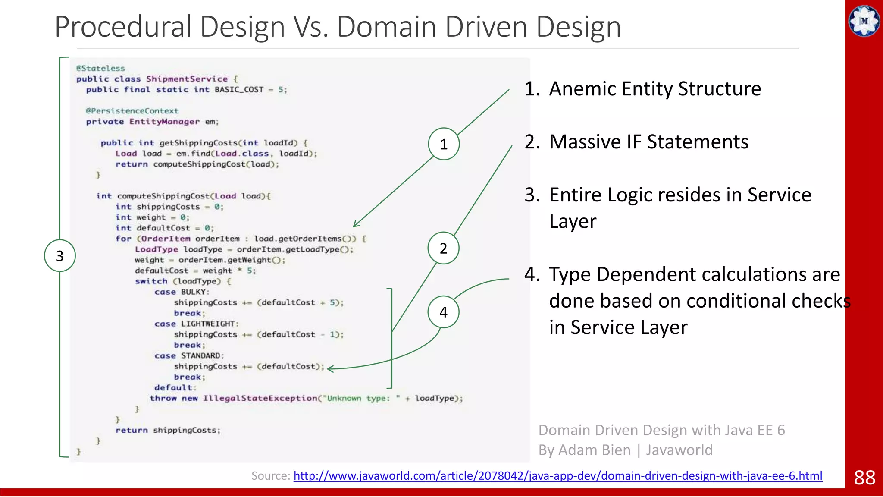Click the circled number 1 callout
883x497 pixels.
[x=444, y=144]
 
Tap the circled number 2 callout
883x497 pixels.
[x=443, y=248]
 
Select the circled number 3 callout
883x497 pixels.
[x=60, y=256]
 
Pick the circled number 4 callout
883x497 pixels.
[x=443, y=312]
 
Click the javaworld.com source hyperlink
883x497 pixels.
[x=557, y=475]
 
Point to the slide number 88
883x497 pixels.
[x=864, y=478]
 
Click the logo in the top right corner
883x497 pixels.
[x=864, y=21]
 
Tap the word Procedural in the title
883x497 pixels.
[x=123, y=27]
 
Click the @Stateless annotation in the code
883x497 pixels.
[x=100, y=68]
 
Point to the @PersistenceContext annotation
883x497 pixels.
[x=132, y=111]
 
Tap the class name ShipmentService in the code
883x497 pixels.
[x=187, y=79]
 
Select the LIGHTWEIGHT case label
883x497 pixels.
[x=207, y=324]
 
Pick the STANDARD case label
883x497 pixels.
[x=200, y=355]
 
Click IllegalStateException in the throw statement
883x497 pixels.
[x=260, y=398]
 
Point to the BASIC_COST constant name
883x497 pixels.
[x=239, y=90]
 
